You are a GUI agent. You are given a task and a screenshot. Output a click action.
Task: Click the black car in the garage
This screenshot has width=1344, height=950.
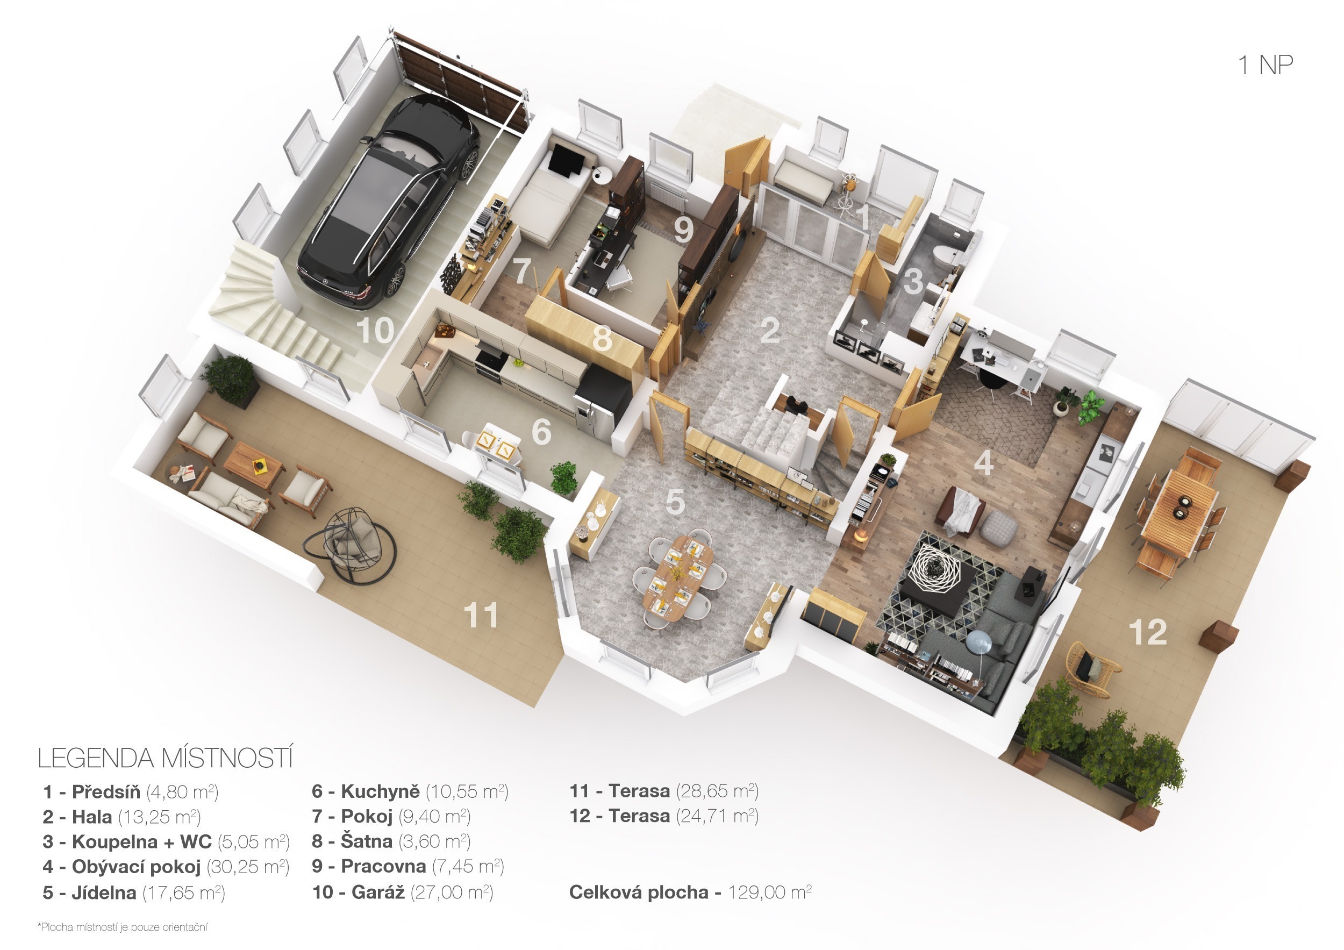point(389,202)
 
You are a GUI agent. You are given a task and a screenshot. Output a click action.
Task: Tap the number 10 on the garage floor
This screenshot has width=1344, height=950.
point(376,331)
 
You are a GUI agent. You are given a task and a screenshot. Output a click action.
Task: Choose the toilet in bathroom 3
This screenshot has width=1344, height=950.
point(944,255)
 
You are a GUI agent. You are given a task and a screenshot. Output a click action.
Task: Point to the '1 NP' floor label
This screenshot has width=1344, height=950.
point(1265,65)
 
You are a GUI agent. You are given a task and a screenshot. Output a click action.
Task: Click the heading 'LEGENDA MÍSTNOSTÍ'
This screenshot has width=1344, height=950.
point(165,758)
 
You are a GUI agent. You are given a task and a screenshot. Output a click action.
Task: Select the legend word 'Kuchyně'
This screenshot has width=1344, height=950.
point(380,791)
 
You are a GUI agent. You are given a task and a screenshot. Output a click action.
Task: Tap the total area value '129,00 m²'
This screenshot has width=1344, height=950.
point(769,892)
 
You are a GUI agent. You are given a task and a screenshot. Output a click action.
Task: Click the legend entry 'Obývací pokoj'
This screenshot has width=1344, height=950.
point(136,867)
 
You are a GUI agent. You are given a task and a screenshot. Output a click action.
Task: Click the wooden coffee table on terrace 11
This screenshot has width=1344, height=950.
point(253,466)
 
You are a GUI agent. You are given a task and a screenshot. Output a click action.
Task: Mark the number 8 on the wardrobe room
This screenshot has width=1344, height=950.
point(602,338)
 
